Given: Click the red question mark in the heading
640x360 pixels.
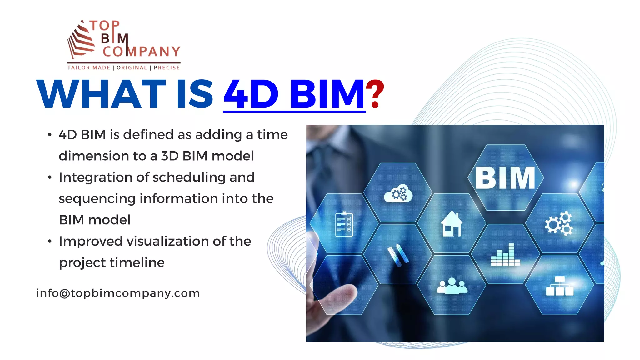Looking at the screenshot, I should click(x=375, y=94).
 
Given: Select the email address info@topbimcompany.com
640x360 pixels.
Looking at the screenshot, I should click(x=118, y=293).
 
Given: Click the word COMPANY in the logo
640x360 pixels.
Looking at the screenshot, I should click(x=141, y=52).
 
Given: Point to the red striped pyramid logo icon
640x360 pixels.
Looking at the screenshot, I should click(x=81, y=40).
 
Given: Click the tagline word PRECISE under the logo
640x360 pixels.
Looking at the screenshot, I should click(x=167, y=67).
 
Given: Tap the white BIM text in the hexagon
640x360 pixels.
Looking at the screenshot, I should click(x=505, y=178).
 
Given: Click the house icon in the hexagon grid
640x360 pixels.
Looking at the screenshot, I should click(x=452, y=224).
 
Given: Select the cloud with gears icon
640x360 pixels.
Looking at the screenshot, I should click(x=398, y=193).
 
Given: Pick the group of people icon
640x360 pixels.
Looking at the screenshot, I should click(x=452, y=286).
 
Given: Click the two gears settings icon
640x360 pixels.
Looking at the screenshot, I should click(x=559, y=223).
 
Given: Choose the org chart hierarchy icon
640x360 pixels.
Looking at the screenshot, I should click(x=559, y=286).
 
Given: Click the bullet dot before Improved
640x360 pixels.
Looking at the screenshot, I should click(x=50, y=241).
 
